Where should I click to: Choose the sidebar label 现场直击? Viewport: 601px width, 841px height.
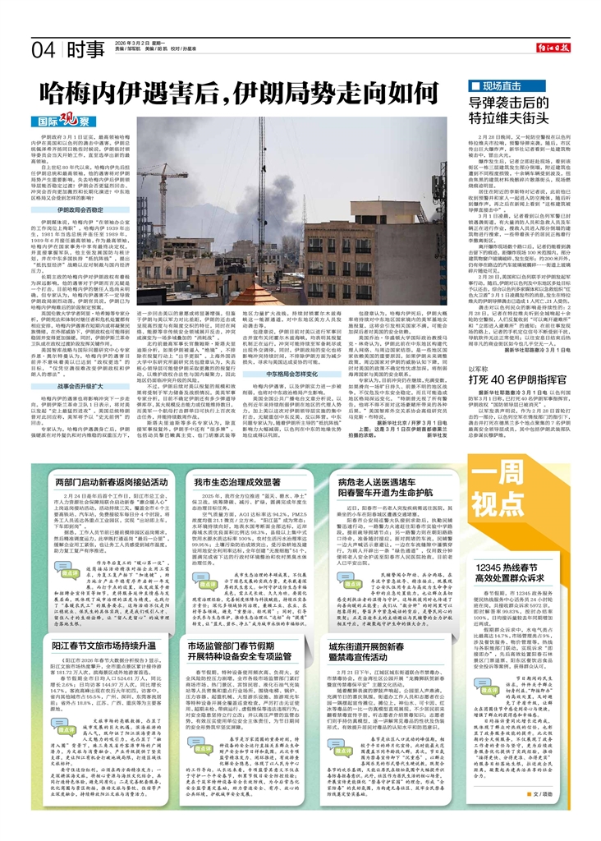[502, 86]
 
